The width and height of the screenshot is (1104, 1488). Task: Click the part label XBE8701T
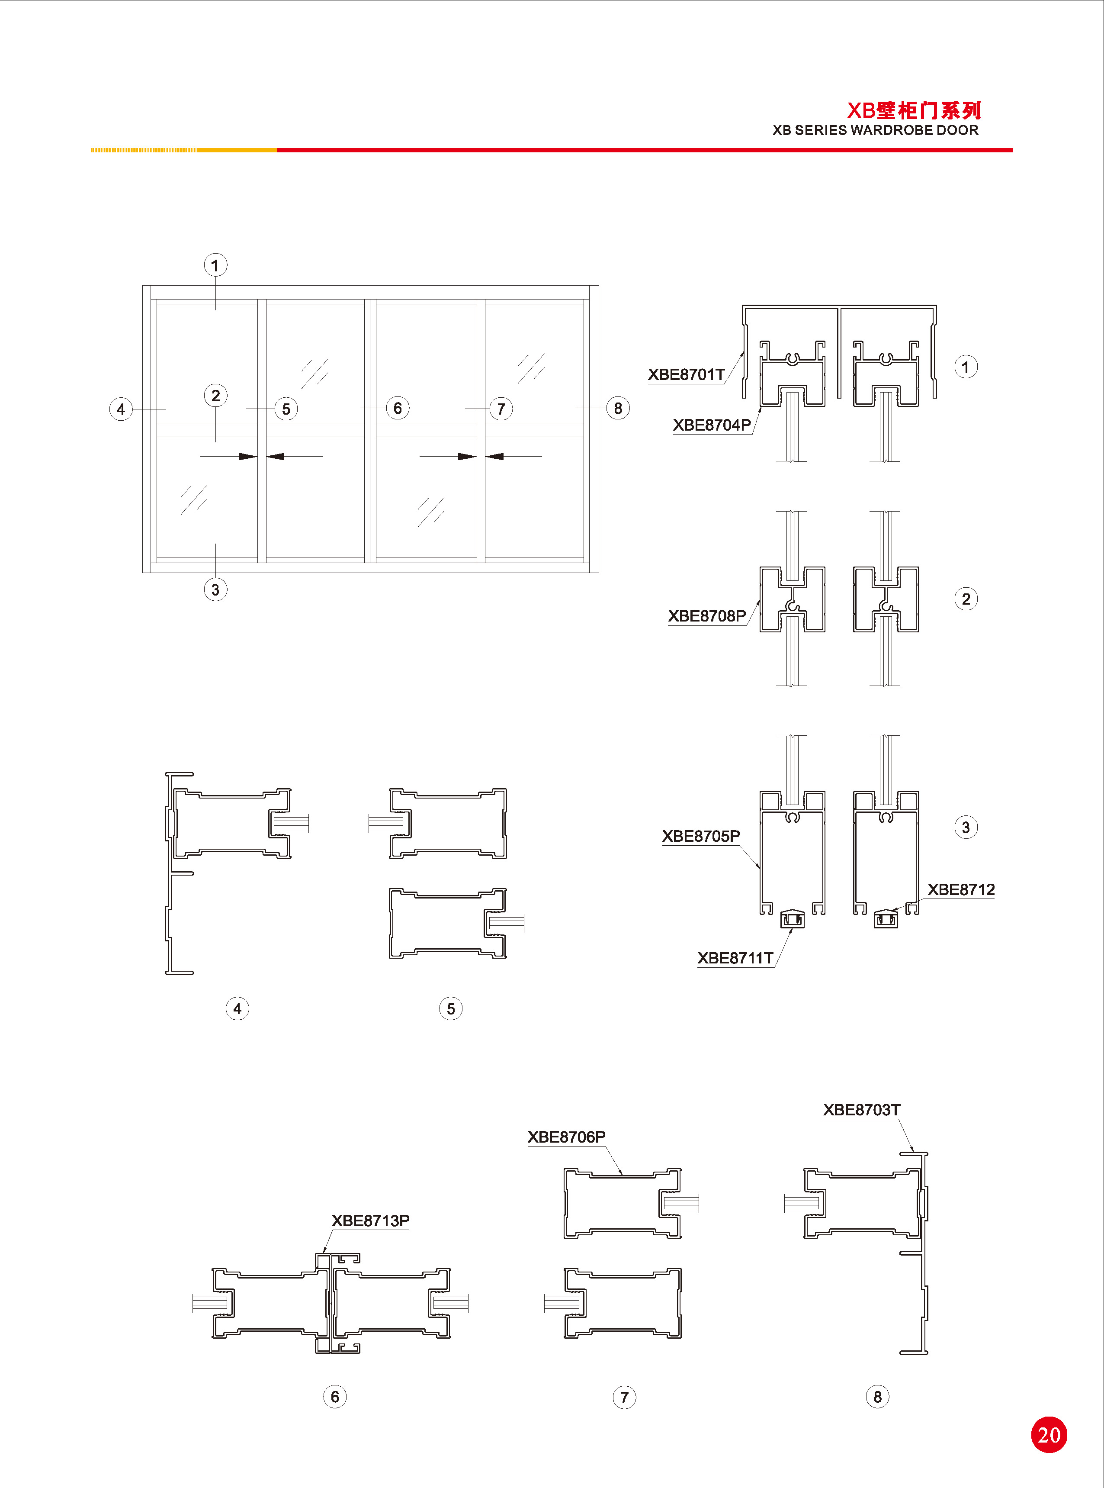pos(687,374)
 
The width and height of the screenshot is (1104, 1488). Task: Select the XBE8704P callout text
pos(712,425)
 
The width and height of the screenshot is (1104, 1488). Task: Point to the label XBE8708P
pos(707,615)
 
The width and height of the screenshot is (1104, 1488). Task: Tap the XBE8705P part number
pos(701,836)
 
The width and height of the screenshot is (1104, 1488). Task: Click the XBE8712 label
pos(961,890)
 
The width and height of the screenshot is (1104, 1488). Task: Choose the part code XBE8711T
pos(735,958)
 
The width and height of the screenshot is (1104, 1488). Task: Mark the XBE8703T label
pos(861,1110)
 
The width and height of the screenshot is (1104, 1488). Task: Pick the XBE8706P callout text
pos(567,1137)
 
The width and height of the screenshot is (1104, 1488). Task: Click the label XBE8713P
pos(371,1221)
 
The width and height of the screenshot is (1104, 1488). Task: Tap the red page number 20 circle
pos(1049,1434)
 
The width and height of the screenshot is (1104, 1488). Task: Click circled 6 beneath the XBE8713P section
pos(335,1396)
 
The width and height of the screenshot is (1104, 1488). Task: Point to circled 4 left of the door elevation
pos(121,409)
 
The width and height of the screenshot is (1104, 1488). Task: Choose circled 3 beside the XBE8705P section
pos(966,828)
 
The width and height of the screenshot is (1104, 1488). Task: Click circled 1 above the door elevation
pos(215,265)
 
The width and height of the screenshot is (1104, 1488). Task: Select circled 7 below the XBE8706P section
pos(624,1397)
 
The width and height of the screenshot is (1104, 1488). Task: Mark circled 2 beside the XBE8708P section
pos(966,599)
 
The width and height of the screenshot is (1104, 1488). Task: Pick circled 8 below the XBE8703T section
pos(877,1396)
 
